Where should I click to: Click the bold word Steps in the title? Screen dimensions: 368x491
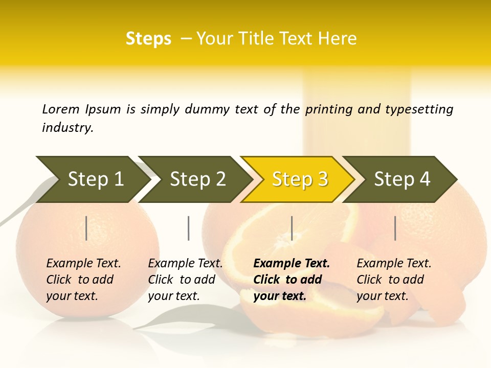148,39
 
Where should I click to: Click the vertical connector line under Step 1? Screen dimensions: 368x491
86,228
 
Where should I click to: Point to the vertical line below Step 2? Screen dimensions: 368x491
189,228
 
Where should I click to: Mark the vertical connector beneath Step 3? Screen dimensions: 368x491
292,228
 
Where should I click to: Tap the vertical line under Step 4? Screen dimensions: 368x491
395,228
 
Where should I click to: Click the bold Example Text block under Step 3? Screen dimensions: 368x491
292,280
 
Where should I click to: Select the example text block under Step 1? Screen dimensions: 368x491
83,280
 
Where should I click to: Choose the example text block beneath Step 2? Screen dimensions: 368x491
185,280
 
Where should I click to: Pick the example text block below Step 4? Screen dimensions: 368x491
394,280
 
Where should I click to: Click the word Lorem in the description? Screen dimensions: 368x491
60,109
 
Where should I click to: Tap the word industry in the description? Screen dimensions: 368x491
68,128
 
